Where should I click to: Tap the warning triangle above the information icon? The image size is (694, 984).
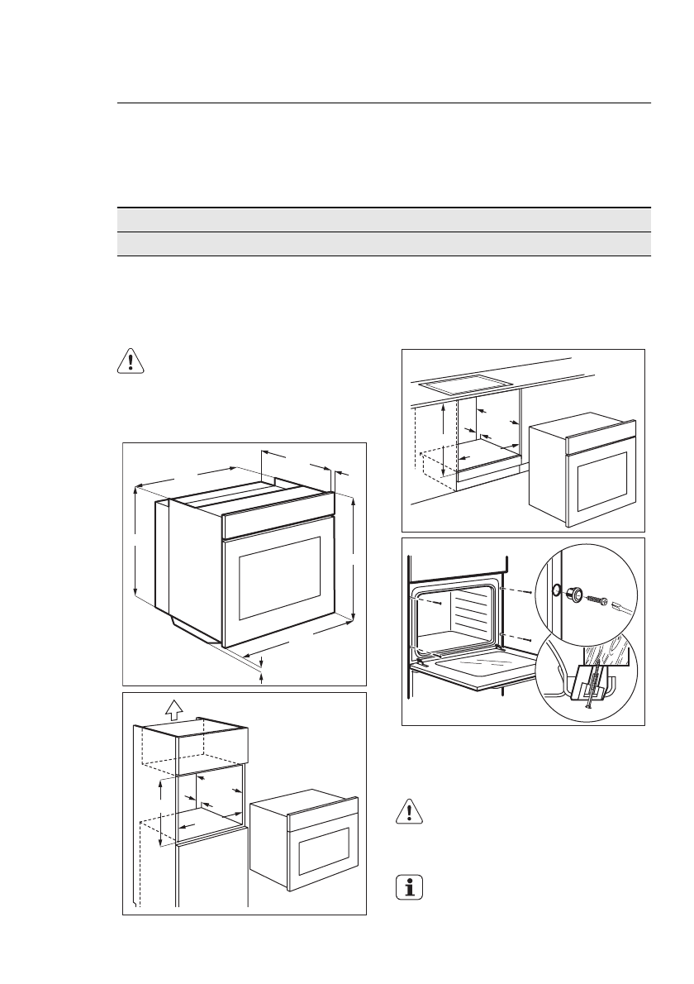pyautogui.click(x=406, y=812)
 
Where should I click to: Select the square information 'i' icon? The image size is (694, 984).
pyautogui.click(x=406, y=889)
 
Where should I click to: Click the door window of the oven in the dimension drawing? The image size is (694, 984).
pyautogui.click(x=280, y=577)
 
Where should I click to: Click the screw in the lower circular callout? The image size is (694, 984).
pyautogui.click(x=588, y=690)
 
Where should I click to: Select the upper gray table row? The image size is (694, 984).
pyautogui.click(x=381, y=220)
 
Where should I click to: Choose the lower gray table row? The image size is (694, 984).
pyautogui.click(x=381, y=244)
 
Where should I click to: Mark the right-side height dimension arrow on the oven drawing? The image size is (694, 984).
pyautogui.click(x=354, y=558)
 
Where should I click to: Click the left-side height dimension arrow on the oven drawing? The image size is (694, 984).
pyautogui.click(x=135, y=542)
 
